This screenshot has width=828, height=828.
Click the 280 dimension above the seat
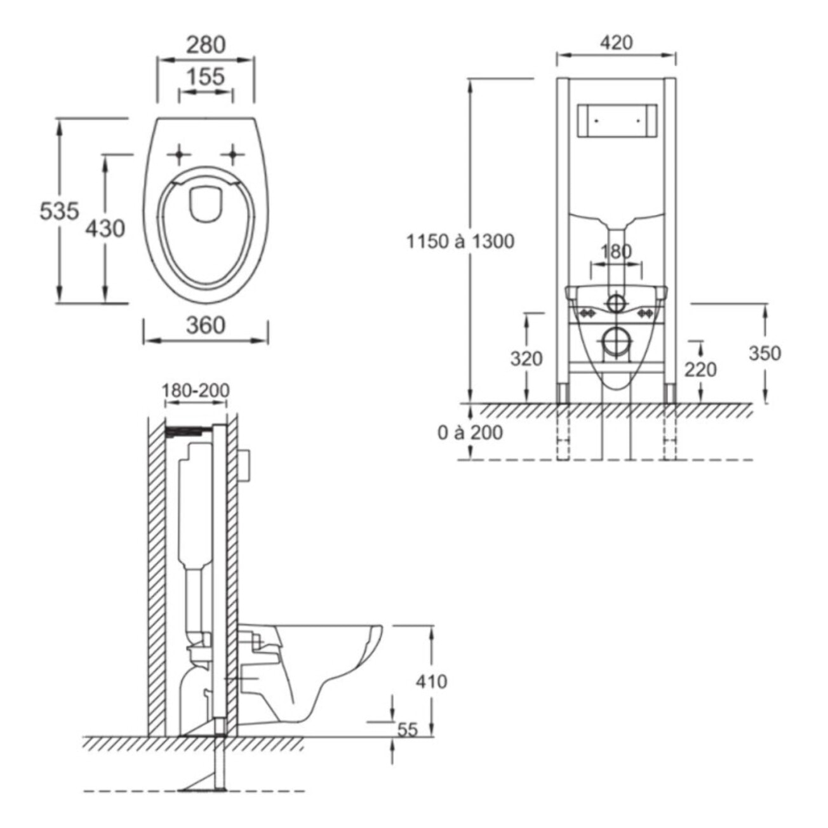[206, 45]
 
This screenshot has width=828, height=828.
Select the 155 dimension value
[206, 77]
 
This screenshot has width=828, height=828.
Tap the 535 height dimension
[59, 210]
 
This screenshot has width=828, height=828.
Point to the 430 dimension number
[105, 227]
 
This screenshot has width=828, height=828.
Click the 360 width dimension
[206, 325]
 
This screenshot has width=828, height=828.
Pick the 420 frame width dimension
[616, 43]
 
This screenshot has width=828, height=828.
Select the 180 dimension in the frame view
[616, 251]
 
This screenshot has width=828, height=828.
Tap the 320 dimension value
[526, 359]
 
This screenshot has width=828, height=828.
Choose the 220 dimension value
[700, 369]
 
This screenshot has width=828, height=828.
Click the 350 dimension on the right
[764, 353]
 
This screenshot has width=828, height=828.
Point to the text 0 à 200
[470, 433]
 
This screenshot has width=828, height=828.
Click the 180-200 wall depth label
[196, 390]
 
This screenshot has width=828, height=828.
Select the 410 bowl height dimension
[432, 681]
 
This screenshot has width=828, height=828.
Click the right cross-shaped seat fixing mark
[235, 154]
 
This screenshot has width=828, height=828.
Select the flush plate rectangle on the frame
[616, 120]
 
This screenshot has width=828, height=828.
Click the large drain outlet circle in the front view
[615, 342]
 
